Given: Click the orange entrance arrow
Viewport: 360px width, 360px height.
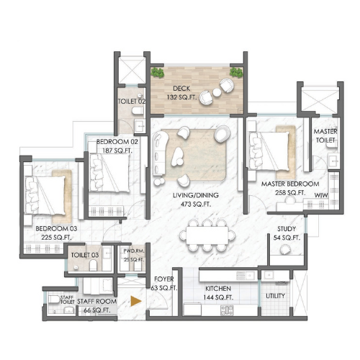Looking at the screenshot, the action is point(136,301).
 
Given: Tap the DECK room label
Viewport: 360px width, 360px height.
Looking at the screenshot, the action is point(181,89).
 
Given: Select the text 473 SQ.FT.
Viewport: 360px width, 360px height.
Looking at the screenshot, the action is point(196,204).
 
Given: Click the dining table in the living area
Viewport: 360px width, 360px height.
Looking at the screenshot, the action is point(207,235).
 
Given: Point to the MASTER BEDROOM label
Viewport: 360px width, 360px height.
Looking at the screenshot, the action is point(290,184).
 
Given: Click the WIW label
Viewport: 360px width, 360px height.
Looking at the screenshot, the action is point(321,195).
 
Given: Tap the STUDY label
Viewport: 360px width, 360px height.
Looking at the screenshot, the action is point(287,229).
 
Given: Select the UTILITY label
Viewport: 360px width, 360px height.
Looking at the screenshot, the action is point(275,296).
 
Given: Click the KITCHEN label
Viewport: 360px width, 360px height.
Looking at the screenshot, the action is point(218,289).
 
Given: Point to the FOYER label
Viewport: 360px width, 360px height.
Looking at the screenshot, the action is point(164,279).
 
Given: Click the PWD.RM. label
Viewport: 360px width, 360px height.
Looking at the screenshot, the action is point(134,251).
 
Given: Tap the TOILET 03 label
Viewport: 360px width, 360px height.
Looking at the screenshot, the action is point(85,255).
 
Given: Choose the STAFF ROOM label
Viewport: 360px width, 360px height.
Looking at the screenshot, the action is point(97,302).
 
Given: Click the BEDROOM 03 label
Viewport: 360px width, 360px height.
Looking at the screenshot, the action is point(56,228).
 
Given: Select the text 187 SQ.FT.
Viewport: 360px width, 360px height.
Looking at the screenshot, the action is point(117,150).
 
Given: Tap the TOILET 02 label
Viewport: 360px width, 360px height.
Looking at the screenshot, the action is point(132,102).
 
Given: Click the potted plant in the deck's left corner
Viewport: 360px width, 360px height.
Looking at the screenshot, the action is point(158,73).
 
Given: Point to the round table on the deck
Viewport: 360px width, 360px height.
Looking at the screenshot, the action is point(217,92).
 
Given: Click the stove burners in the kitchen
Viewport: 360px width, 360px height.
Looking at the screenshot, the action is point(227,310).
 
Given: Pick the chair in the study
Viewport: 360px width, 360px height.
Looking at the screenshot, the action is point(285,249).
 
